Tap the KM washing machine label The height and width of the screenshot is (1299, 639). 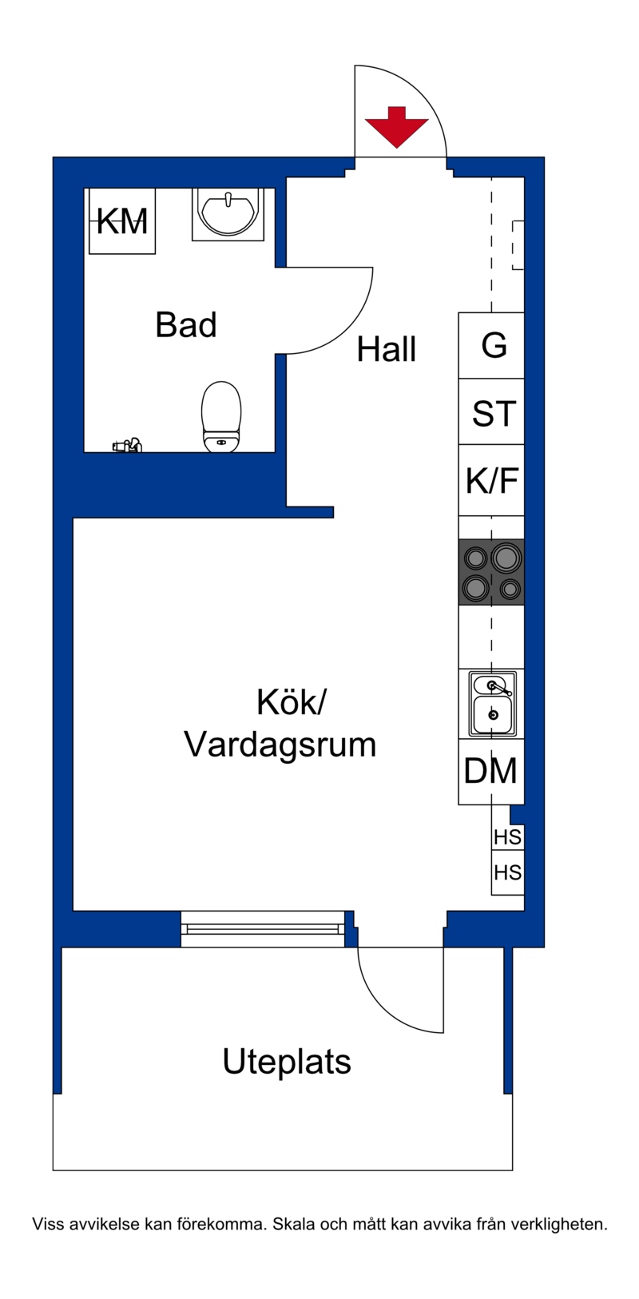(x=121, y=221)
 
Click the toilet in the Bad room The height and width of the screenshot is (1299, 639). (x=221, y=416)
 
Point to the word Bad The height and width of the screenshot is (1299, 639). (x=186, y=324)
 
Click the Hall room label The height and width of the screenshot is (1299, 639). (x=386, y=349)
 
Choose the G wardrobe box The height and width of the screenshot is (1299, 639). (x=492, y=346)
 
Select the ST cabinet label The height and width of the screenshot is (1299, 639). (x=494, y=414)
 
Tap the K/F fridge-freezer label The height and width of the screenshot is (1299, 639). (x=492, y=480)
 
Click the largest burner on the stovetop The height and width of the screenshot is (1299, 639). (x=506, y=558)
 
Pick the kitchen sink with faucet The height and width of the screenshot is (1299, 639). (x=492, y=704)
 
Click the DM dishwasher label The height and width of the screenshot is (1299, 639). (x=490, y=771)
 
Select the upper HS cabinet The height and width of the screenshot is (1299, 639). (x=508, y=836)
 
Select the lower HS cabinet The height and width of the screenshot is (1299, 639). (x=508, y=872)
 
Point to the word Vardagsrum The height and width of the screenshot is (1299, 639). (x=280, y=745)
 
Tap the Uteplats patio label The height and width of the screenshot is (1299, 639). (x=287, y=1062)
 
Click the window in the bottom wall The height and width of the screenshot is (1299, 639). (x=263, y=928)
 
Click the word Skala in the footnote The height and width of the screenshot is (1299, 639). (x=293, y=1225)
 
